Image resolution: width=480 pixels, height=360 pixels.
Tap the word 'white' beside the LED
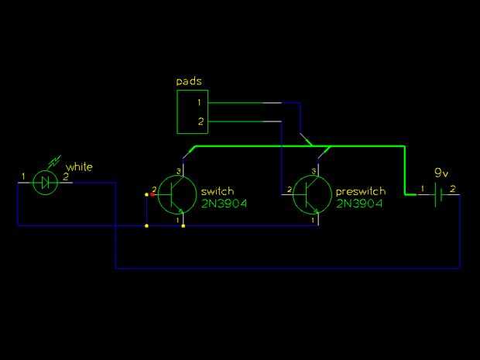[x=79, y=167]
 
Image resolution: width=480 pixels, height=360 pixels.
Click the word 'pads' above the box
[x=189, y=81]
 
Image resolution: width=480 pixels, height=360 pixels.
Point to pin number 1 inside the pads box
[x=199, y=102]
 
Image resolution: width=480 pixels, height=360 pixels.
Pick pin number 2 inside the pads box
[x=199, y=122]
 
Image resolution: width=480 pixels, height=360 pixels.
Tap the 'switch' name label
[x=217, y=191]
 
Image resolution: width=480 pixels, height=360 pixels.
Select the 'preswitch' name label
[x=360, y=191]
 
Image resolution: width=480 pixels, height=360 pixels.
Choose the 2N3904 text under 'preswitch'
[x=359, y=204]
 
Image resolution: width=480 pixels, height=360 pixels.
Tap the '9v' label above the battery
[x=441, y=172]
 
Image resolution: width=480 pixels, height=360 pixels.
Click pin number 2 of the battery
[x=453, y=188]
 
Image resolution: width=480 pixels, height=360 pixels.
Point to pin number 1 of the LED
[x=23, y=177]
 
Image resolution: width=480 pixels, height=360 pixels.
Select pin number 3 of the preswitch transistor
[x=314, y=170]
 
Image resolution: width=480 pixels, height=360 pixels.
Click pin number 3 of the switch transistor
[x=178, y=170]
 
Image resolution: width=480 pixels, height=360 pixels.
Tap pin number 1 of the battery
[x=423, y=188]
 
